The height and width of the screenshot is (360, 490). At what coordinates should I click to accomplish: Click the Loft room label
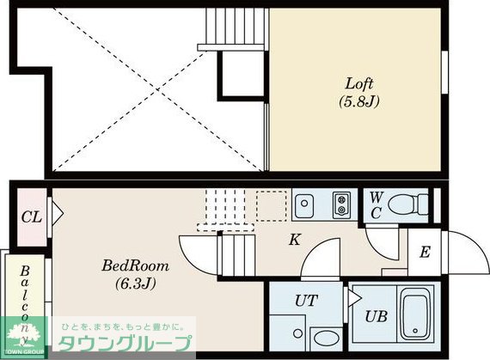(358, 84)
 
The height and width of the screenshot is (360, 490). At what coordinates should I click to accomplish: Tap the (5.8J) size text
(358, 101)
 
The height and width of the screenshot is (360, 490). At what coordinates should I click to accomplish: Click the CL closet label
(30, 216)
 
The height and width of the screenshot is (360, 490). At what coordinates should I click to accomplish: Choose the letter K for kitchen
(294, 240)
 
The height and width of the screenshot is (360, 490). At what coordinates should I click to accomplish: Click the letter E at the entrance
(425, 253)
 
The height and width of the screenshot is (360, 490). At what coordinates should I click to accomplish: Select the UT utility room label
(305, 300)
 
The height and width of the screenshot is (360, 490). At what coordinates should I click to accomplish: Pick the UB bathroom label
(375, 316)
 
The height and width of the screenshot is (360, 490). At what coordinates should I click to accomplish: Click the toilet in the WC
(408, 205)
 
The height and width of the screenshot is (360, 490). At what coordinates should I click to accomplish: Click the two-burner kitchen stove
(342, 206)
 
